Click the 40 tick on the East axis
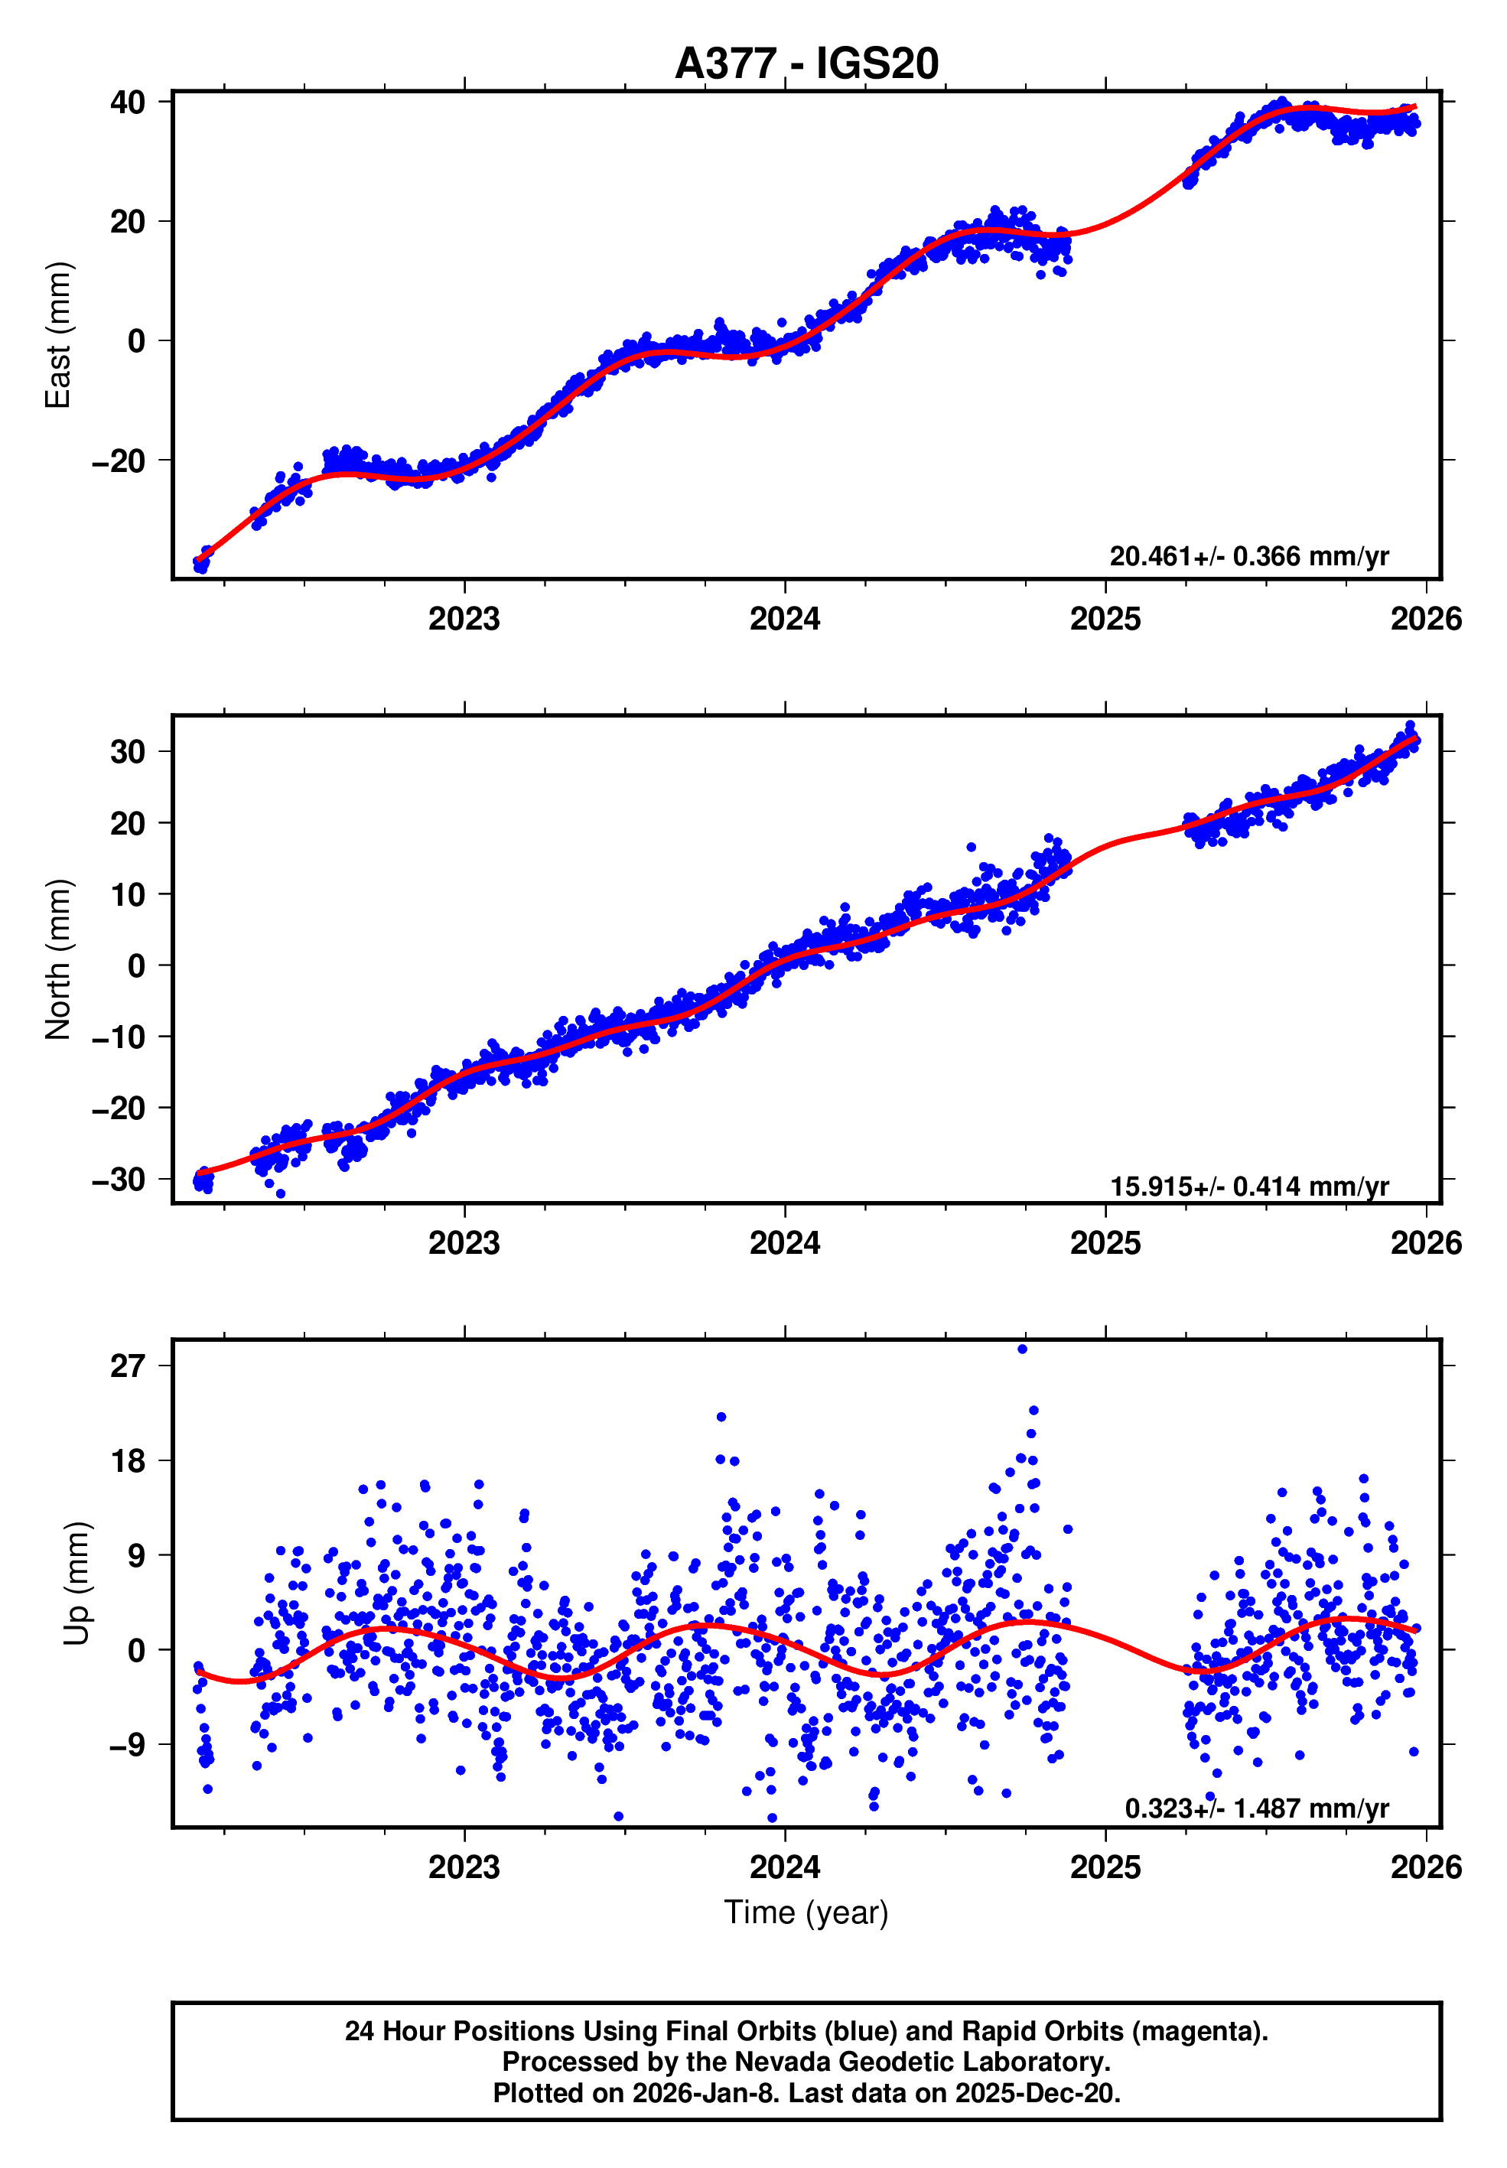128,102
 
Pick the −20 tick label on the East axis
119,462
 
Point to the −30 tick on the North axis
119,1180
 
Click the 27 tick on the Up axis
128,1366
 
